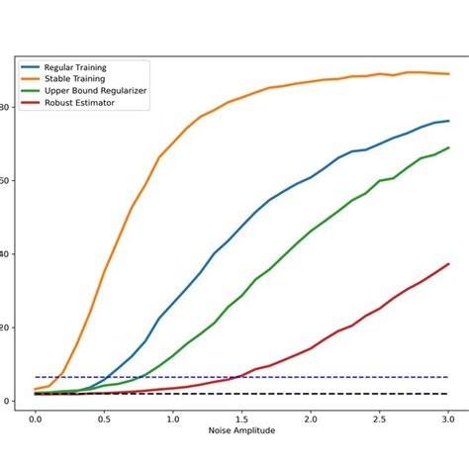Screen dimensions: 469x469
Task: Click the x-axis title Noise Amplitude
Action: pos(241,432)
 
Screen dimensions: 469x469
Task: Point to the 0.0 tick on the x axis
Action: pos(36,420)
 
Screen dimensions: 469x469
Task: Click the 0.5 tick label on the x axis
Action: pos(104,420)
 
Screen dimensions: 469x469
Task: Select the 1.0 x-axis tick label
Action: pos(173,420)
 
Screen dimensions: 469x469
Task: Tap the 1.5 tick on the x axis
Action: pos(241,420)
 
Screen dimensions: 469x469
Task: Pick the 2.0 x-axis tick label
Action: pos(311,420)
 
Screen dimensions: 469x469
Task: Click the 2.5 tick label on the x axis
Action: pos(379,420)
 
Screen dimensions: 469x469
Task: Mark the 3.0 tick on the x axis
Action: pos(448,420)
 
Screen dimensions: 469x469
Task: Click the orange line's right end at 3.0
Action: pos(448,73)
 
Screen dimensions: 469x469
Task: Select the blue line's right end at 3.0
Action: pos(448,121)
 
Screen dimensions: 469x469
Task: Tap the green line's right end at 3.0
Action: pos(448,147)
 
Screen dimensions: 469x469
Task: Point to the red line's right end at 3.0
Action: pos(448,264)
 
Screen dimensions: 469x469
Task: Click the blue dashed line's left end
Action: pos(36,377)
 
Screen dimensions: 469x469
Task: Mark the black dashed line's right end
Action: pos(448,394)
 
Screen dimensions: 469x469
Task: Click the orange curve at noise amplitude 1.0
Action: pos(173,143)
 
